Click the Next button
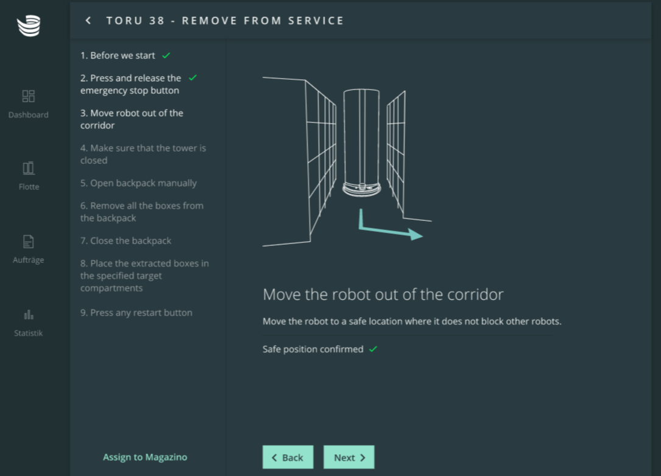[348, 457]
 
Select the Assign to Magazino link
[145, 457]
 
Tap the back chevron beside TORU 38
[88, 21]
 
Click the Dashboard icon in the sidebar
[28, 96]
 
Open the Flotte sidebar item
[29, 175]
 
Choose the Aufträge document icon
[28, 242]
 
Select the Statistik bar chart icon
[29, 315]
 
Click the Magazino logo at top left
[29, 26]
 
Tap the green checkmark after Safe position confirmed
[373, 349]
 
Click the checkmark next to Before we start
[166, 55]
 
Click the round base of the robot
[362, 189]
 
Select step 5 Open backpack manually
[138, 183]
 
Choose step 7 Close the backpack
[125, 240]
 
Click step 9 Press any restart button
[136, 312]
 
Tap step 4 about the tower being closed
[143, 154]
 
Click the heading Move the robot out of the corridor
[383, 295]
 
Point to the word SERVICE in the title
[316, 21]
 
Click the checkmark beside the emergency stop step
[193, 77]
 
